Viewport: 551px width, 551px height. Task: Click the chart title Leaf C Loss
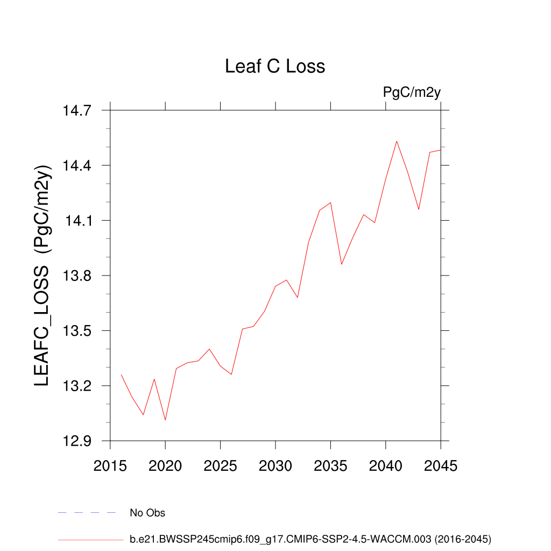click(275, 66)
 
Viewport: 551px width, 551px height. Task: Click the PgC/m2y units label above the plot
click(412, 92)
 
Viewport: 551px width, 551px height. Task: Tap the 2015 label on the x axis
click(110, 465)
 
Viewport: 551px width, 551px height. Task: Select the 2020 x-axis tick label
click(165, 465)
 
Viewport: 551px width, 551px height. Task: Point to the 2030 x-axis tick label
click(275, 465)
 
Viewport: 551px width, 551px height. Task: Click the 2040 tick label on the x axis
click(386, 465)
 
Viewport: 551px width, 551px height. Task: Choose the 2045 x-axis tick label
click(441, 465)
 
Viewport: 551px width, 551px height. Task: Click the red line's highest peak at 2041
click(397, 142)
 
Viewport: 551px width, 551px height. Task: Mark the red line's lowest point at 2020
click(165, 420)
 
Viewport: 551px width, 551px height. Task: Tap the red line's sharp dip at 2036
click(342, 264)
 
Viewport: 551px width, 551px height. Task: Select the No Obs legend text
click(147, 513)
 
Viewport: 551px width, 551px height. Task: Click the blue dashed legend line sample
click(87, 513)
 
